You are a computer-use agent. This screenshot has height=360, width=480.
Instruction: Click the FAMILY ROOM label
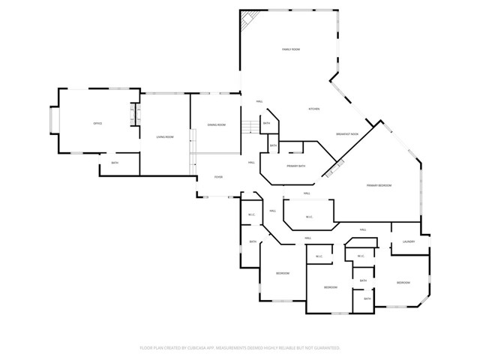[291, 49]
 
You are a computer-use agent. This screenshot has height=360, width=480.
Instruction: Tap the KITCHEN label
[314, 109]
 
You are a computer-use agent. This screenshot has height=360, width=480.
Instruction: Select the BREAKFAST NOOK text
[347, 134]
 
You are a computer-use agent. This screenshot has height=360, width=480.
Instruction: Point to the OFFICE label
[97, 123]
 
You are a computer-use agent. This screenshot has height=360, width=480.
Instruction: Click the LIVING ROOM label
[165, 136]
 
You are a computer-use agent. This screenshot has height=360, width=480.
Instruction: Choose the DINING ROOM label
[216, 124]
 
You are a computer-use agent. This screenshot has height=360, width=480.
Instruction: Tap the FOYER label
[218, 177]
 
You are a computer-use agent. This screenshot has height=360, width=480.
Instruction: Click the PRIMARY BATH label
[295, 165]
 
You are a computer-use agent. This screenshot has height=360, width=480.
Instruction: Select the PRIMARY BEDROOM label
[379, 185]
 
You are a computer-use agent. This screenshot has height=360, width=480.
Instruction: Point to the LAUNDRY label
[409, 241]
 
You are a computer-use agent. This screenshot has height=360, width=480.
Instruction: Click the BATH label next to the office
[115, 163]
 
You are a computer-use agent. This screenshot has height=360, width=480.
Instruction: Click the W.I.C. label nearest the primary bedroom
[309, 217]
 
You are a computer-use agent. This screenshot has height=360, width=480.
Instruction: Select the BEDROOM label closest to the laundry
[403, 283]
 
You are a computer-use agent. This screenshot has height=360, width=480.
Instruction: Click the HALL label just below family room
[259, 101]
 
